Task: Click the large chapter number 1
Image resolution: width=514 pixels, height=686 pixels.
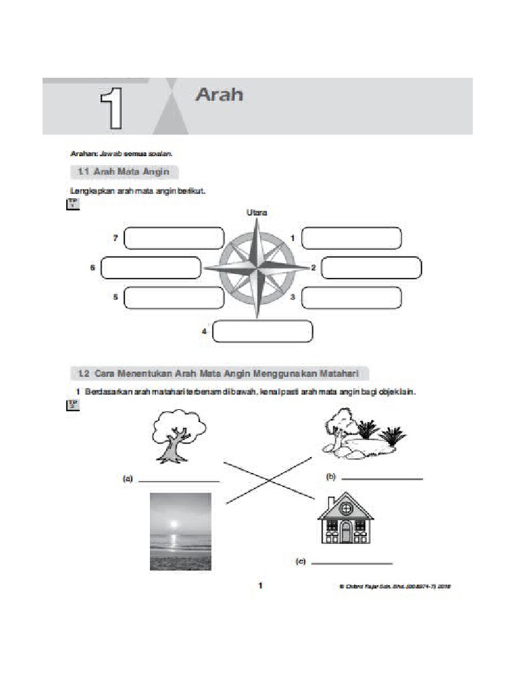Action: pyautogui.click(x=112, y=108)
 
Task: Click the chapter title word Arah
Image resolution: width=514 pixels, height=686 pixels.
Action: pyautogui.click(x=219, y=95)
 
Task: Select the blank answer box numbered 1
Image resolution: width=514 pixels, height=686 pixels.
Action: pyautogui.click(x=351, y=238)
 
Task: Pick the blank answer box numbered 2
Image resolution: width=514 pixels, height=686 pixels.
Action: pyautogui.click(x=371, y=268)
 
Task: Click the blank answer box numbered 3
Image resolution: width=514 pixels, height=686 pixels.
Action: pyautogui.click(x=351, y=298)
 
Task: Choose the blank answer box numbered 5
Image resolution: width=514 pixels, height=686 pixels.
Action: pyautogui.click(x=174, y=298)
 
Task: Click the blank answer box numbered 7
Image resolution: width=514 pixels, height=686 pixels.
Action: pyautogui.click(x=174, y=238)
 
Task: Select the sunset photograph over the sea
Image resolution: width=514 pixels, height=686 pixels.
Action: pyautogui.click(x=180, y=531)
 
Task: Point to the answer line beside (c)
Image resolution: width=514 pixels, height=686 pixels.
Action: pyautogui.click(x=351, y=563)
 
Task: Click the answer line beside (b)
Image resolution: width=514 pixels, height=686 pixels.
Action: pyautogui.click(x=382, y=479)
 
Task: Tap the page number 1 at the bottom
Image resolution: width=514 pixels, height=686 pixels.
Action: pyautogui.click(x=261, y=586)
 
